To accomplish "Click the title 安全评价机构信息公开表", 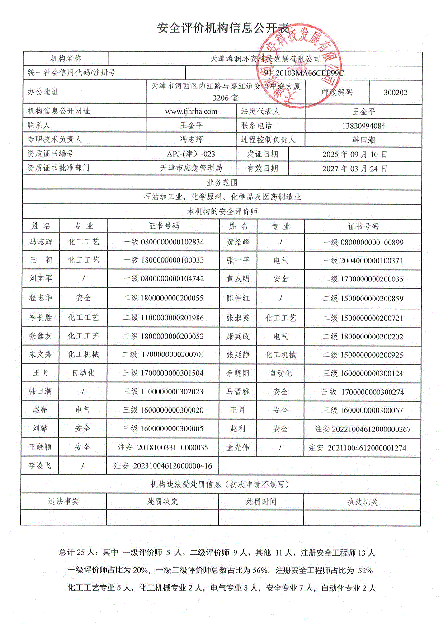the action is [223, 28].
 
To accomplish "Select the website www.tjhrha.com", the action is [191, 111].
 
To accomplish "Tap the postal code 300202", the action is [396, 93].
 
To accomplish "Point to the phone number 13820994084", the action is [363, 126].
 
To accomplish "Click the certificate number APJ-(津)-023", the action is [191, 154].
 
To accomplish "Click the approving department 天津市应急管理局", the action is [191, 168].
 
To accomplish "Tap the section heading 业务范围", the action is [222, 183].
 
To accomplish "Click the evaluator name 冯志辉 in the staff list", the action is [41, 242].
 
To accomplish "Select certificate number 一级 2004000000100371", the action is [363, 261].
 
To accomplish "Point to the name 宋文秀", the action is [41, 355].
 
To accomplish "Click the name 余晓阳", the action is [238, 373].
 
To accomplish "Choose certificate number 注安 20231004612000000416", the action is [163, 465].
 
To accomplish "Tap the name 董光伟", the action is [238, 447].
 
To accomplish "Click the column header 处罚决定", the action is [162, 502].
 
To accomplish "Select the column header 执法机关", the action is [362, 502].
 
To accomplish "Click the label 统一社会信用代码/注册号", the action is [71, 72].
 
